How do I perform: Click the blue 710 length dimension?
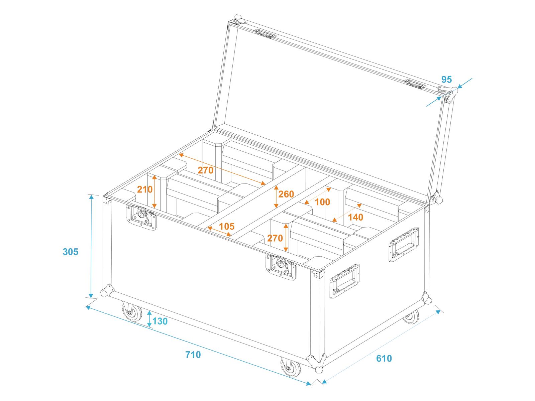[193, 355]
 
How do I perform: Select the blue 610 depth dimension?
[384, 358]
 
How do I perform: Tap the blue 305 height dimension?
[71, 252]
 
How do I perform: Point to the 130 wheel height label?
[160, 321]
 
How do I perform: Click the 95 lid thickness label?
[446, 80]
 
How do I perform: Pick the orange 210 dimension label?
[145, 189]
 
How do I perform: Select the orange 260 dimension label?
[286, 194]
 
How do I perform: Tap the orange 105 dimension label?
[227, 227]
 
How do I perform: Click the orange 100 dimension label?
[322, 202]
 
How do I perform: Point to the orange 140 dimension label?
[356, 217]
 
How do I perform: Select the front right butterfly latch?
[281, 267]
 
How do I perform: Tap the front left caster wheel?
[132, 312]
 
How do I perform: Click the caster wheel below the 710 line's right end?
[291, 367]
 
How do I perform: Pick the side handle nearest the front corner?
[344, 281]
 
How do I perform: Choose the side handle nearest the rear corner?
[404, 245]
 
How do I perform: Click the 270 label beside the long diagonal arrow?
[205, 170]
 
